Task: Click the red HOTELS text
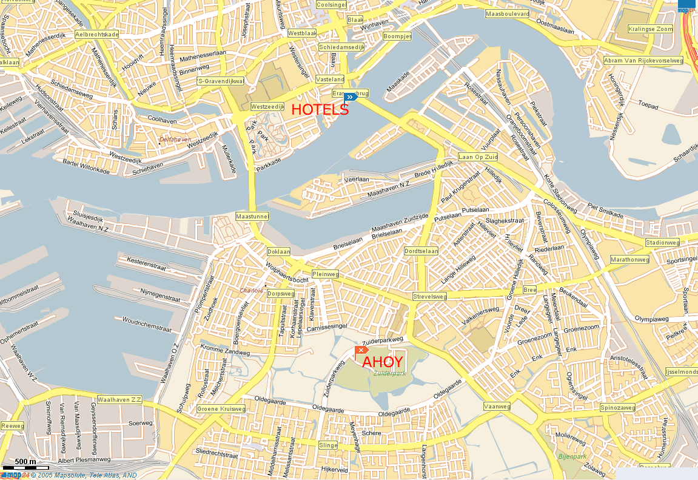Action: point(320,110)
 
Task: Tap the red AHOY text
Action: point(383,362)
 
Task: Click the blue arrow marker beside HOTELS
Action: point(350,97)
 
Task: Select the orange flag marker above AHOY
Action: point(361,350)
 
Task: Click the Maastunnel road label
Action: point(252,217)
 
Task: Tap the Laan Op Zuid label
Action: point(478,157)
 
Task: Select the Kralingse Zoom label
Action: point(651,29)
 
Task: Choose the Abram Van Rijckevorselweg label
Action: point(643,61)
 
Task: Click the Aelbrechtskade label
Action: point(97,35)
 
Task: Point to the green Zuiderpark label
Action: point(389,374)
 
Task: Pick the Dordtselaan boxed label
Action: point(421,251)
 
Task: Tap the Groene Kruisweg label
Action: point(221,409)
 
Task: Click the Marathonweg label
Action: point(630,260)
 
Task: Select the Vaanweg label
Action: point(497,406)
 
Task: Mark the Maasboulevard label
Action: point(508,13)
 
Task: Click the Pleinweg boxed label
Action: point(325,274)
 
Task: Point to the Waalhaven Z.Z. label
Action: point(119,400)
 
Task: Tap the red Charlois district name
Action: point(252,291)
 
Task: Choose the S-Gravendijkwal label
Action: point(221,81)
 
